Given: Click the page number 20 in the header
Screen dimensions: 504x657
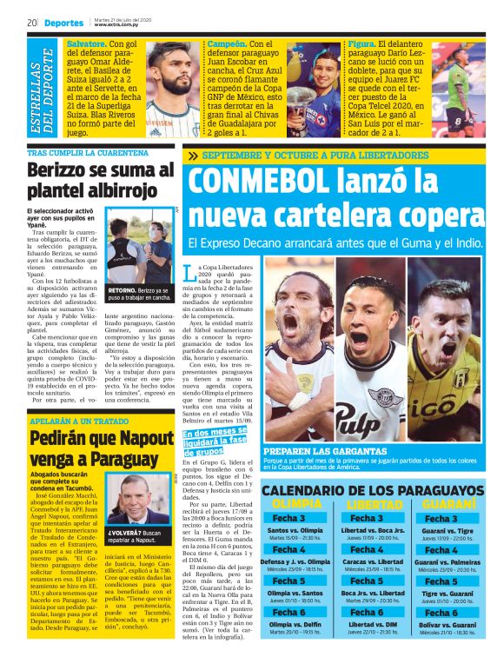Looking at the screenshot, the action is [30, 23].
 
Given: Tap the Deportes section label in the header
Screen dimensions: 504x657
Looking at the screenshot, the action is [64, 23].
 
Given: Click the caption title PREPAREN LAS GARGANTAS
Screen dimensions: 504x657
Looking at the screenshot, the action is [324, 452].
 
